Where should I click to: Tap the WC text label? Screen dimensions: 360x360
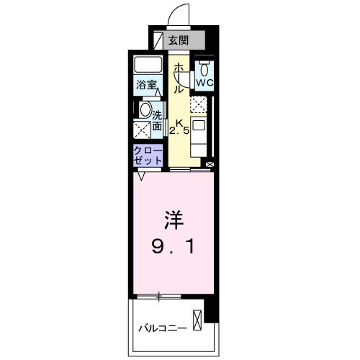click(x=204, y=83)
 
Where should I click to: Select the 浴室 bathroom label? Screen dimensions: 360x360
click(x=148, y=84)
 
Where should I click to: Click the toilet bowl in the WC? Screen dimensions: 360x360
click(x=204, y=69)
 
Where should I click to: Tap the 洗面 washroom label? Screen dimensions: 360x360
click(x=157, y=119)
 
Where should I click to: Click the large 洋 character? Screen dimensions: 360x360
click(x=171, y=216)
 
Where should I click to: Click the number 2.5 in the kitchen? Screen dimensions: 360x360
click(x=179, y=130)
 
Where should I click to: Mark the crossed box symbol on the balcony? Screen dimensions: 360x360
click(x=197, y=319)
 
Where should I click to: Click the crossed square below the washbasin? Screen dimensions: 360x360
click(x=141, y=131)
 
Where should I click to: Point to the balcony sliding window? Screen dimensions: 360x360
click(x=159, y=296)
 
